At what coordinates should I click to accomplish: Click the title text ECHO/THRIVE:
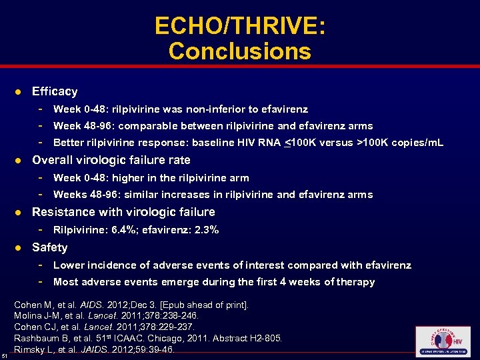(x=240, y=26)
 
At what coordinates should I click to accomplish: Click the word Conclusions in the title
(x=240, y=51)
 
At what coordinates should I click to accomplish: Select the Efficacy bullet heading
(x=55, y=91)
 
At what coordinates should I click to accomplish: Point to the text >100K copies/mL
(x=401, y=143)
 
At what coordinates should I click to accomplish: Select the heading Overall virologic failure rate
(x=111, y=160)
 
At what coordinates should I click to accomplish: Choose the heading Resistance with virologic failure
(x=123, y=212)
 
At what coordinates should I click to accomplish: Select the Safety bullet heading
(x=50, y=247)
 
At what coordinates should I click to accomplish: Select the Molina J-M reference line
(x=107, y=315)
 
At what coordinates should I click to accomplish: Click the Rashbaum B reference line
(x=148, y=338)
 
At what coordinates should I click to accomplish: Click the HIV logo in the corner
(x=442, y=342)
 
